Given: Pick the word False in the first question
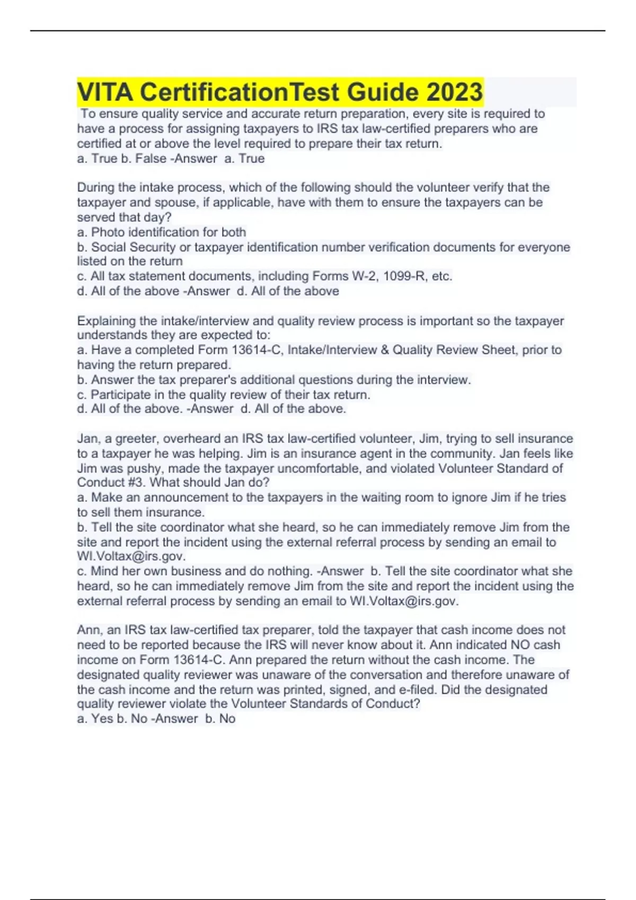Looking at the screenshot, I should (151, 159).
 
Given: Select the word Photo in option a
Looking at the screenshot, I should (108, 232).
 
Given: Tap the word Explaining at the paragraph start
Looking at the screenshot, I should (107, 321).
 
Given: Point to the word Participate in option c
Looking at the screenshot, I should (121, 395).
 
